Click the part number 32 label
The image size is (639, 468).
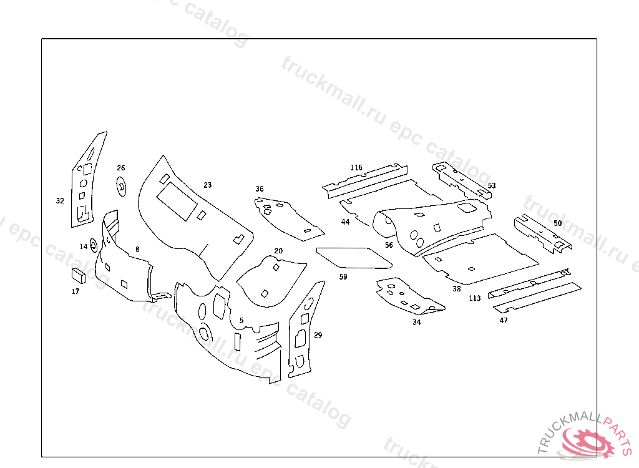(60, 201)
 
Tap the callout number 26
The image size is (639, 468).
(121, 168)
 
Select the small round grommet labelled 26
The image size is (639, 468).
(120, 185)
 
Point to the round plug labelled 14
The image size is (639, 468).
(93, 245)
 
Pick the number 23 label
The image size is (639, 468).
(208, 185)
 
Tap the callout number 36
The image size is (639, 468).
(260, 189)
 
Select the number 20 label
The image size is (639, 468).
(278, 251)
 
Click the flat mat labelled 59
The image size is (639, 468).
(350, 256)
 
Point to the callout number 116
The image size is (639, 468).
(356, 168)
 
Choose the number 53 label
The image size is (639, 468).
(492, 186)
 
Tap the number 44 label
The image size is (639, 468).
(345, 222)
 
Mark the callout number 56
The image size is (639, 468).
(389, 245)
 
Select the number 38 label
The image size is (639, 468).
(457, 289)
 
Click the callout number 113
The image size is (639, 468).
(475, 298)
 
